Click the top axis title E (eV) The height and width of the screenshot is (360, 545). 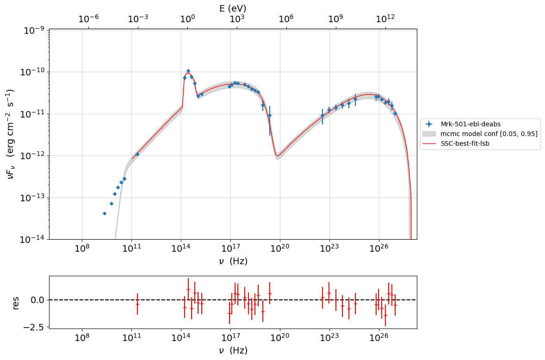pos(233,8)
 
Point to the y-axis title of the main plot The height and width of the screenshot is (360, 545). pos(10,134)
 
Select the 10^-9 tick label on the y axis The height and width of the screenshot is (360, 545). pos(34,31)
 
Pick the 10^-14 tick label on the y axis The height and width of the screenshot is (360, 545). pos(33,240)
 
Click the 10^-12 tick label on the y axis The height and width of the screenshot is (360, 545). pos(33,156)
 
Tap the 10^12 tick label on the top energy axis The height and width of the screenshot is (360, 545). pos(385,19)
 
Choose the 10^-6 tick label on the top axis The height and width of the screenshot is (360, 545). pos(89,19)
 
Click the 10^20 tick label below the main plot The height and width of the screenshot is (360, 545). pos(280,249)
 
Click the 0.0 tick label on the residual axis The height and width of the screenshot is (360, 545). pos(37,300)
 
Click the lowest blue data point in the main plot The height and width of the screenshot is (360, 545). pos(104,213)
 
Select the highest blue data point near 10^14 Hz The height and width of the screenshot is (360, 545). pos(188,71)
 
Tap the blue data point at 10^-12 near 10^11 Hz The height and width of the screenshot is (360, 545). pos(137,154)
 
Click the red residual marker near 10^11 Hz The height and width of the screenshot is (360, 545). pos(137,304)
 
